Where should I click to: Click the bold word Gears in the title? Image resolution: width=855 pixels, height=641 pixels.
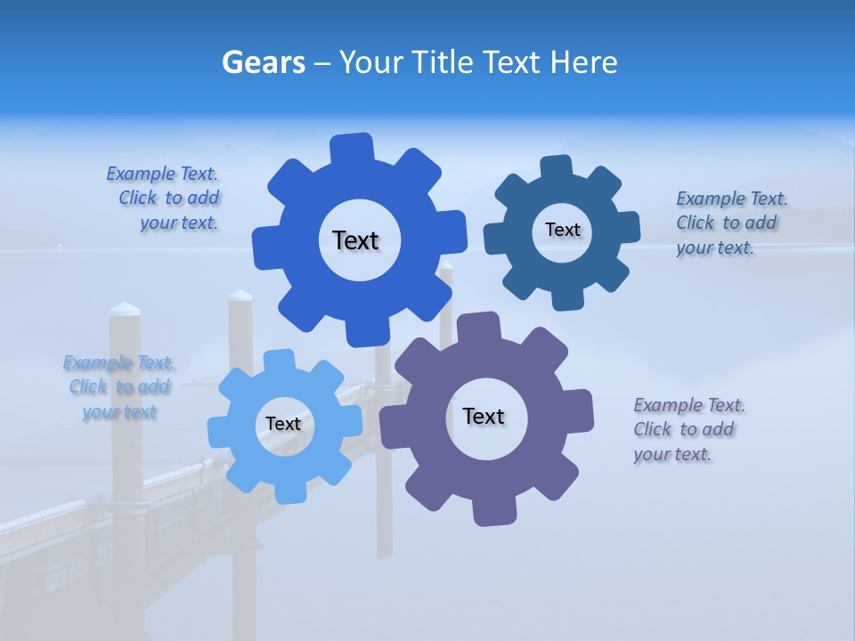click(264, 62)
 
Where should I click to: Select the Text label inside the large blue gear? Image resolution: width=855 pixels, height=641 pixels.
click(355, 240)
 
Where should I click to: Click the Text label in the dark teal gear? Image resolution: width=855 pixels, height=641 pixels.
click(562, 230)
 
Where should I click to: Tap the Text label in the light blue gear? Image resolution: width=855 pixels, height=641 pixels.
click(283, 424)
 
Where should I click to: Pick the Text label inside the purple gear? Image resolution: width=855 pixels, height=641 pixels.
click(484, 416)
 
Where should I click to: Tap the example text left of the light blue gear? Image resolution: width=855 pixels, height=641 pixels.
click(119, 387)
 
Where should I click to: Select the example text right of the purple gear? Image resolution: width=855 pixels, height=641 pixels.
click(688, 429)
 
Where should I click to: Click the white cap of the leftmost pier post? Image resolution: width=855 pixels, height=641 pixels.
click(125, 309)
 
